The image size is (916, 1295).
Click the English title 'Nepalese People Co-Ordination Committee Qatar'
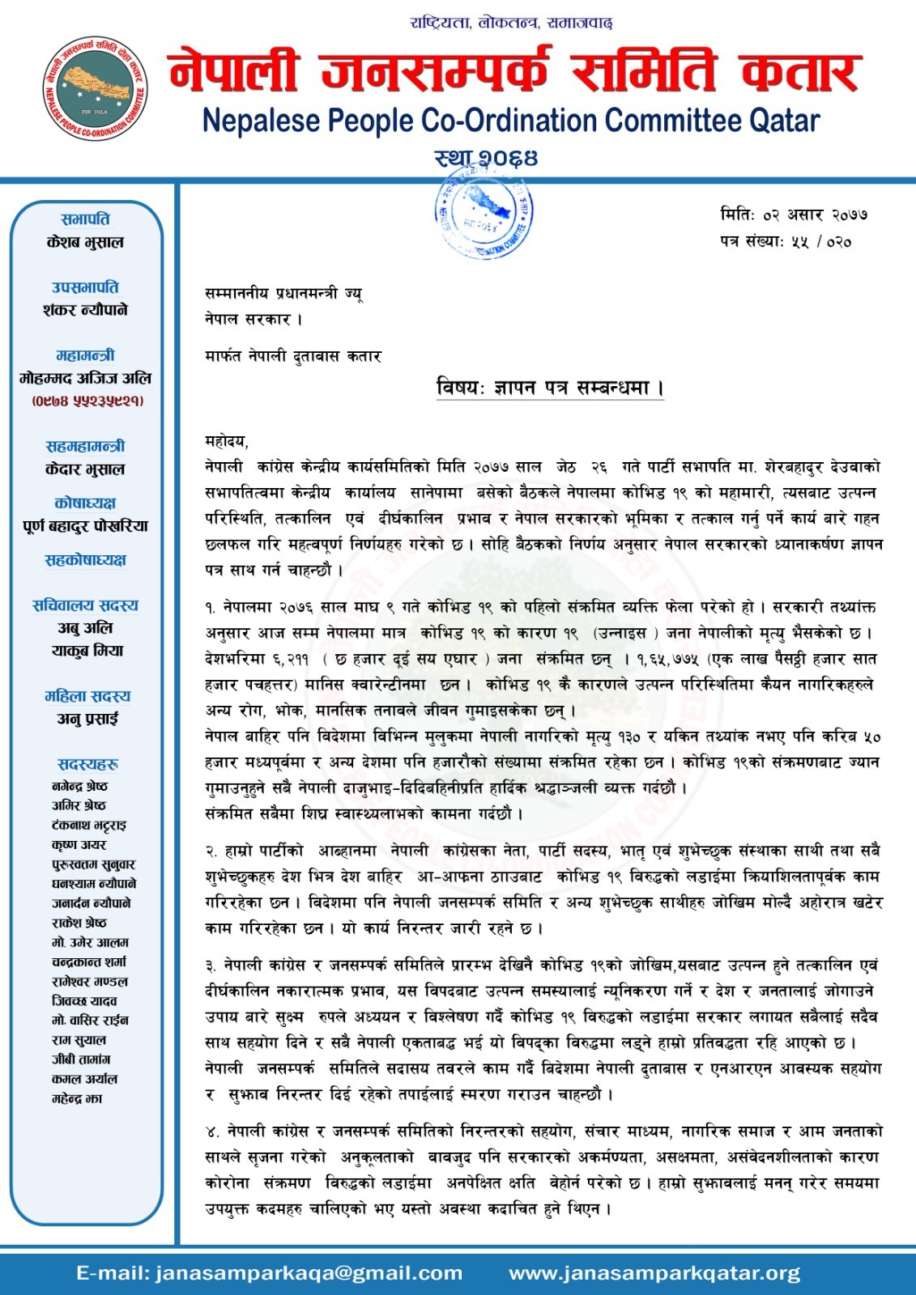pyautogui.click(x=510, y=121)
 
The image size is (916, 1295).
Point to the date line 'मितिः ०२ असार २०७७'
pyautogui.click(x=794, y=214)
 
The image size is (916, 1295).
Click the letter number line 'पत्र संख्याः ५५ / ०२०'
pyautogui.click(x=786, y=241)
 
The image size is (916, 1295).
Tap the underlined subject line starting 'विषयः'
pyautogui.click(x=550, y=388)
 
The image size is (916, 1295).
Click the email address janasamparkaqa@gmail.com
pyautogui.click(x=269, y=1273)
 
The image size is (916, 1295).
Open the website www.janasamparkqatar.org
pyautogui.click(x=654, y=1273)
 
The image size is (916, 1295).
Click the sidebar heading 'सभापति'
pyautogui.click(x=86, y=219)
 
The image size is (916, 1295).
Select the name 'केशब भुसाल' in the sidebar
pyautogui.click(x=86, y=242)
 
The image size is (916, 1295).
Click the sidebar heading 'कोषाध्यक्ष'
pyautogui.click(x=85, y=503)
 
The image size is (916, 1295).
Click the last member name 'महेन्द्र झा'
pyautogui.click(x=77, y=1098)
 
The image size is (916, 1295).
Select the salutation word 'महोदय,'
pyautogui.click(x=227, y=441)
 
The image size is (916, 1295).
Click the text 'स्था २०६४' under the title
pyautogui.click(x=486, y=157)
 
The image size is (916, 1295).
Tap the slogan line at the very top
pyautogui.click(x=511, y=23)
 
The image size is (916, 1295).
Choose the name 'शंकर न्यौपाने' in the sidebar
pyautogui.click(x=86, y=310)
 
